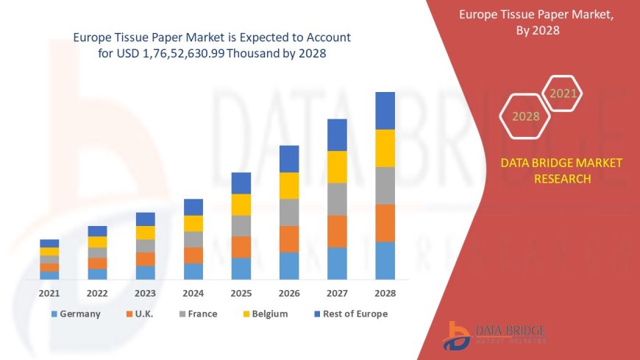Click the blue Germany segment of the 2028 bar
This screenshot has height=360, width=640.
pos(385,261)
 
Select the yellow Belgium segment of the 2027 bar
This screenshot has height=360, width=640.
pos(337,167)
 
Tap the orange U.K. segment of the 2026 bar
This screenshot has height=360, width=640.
pos(289,239)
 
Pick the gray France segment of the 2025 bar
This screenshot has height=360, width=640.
pos(241,226)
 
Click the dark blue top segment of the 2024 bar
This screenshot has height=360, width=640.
pos(193,207)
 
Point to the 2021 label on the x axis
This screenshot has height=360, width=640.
pos(49,292)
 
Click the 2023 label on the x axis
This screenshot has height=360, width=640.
pos(145,292)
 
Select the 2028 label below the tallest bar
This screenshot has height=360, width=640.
pos(385,292)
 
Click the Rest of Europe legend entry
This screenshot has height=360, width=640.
pos(350,314)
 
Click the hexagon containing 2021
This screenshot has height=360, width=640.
pos(563,93)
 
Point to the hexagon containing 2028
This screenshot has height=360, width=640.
pos(525,116)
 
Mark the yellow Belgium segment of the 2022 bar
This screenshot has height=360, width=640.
pos(97,241)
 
